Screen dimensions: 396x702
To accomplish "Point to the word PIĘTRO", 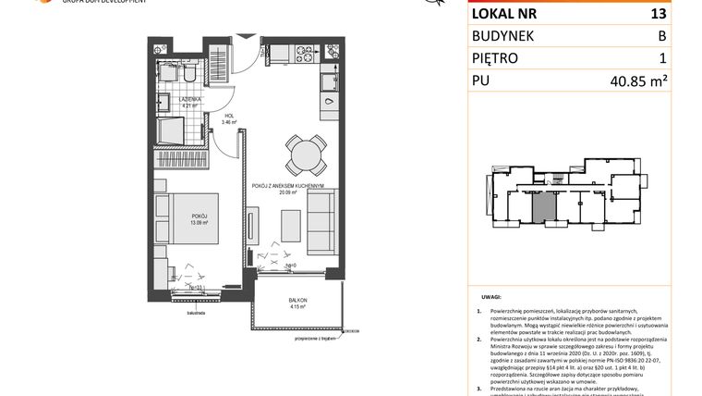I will [501, 58].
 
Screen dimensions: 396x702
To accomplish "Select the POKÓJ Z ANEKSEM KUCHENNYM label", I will [286, 187].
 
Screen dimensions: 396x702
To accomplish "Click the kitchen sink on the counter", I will [330, 85].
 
